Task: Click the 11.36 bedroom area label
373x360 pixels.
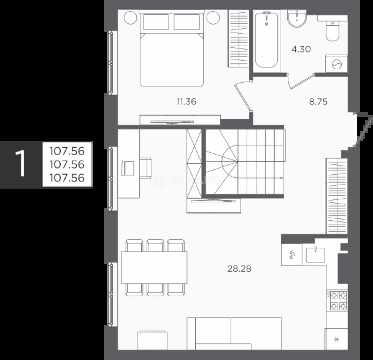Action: click(187, 102)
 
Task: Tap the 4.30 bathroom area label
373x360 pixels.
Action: click(301, 49)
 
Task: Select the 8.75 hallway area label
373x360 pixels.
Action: click(318, 102)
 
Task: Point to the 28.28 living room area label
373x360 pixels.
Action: click(239, 269)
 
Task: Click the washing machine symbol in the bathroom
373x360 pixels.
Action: click(337, 64)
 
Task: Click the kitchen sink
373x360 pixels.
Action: click(315, 255)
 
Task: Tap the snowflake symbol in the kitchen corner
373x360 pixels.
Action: click(336, 339)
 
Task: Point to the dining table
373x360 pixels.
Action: click(154, 267)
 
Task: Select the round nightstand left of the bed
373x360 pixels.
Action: click(131, 18)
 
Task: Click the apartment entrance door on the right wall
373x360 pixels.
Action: click(363, 130)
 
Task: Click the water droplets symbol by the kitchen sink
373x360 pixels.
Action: click(292, 254)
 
